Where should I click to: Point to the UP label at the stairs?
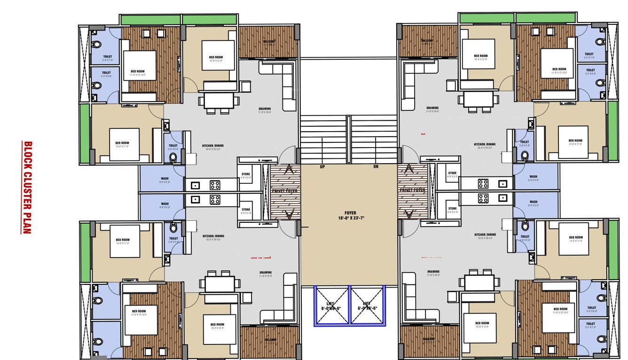(322, 167)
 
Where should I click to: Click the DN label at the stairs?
(376, 167)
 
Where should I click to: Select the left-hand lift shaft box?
(331, 305)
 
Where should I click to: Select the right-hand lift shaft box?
(367, 305)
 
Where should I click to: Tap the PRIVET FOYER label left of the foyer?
(285, 191)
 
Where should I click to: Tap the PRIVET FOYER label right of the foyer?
(412, 190)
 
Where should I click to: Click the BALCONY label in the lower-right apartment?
(428, 339)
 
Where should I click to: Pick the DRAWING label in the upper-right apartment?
(432, 108)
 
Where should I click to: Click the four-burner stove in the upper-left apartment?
(215, 185)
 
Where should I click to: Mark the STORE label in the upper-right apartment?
(452, 173)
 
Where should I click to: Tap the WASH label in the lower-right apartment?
(534, 202)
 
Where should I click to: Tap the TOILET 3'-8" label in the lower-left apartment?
(173, 238)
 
